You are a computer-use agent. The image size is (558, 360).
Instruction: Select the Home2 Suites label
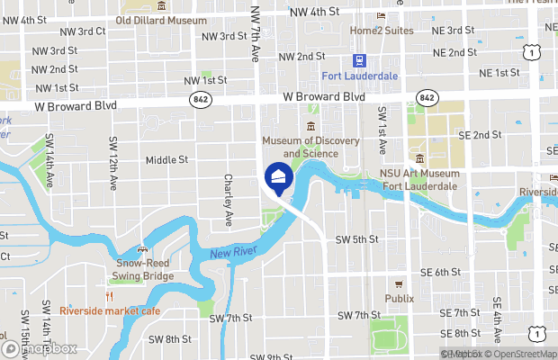[382, 30]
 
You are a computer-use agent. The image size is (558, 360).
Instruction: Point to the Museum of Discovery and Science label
[310, 147]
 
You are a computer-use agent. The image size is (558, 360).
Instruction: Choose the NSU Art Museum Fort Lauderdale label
[419, 179]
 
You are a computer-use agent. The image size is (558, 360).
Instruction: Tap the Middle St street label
[166, 160]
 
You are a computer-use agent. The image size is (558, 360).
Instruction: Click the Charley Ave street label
[229, 200]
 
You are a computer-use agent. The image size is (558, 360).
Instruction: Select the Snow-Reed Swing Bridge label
[144, 270]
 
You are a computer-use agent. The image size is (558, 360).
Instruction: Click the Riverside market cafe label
[110, 310]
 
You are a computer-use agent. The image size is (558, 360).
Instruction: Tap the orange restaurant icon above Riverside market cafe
[110, 296]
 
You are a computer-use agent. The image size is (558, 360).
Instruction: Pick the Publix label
[400, 298]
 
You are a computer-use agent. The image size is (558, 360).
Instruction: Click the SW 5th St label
[356, 239]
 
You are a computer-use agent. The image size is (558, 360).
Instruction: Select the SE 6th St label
[440, 271]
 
